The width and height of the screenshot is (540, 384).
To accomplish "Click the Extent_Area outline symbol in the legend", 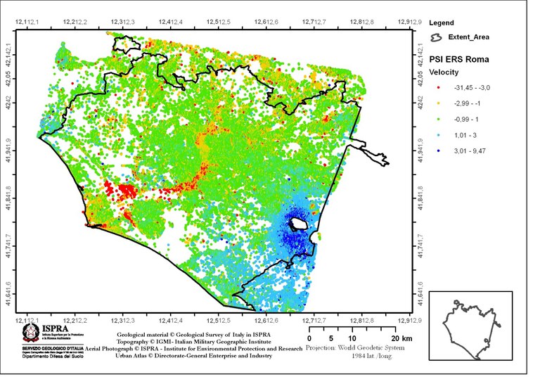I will point(436,37).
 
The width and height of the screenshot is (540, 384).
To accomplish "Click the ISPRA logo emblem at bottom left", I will point(32,331).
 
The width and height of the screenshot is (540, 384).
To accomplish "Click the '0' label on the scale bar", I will point(310,338).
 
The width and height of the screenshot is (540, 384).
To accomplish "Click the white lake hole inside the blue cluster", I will point(298,224).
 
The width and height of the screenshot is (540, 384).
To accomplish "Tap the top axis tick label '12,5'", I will point(362,23).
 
